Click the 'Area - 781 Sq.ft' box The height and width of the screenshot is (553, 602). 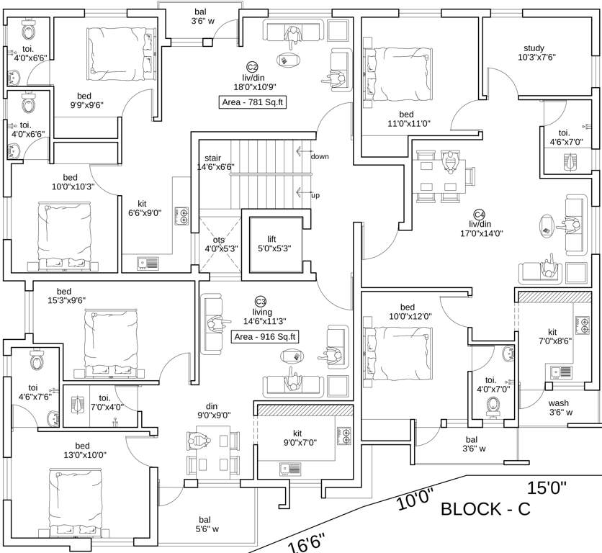click(253, 102)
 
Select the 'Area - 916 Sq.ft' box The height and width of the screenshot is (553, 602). click(264, 336)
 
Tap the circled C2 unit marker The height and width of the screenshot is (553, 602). click(253, 66)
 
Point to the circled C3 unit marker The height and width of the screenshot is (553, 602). click(261, 300)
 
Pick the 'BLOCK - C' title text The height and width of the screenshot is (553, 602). click(485, 509)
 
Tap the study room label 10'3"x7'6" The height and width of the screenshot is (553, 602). click(534, 53)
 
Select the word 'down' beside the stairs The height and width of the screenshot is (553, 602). click(319, 156)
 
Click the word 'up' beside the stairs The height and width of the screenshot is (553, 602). click(315, 195)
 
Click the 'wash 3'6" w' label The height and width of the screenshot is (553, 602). click(560, 408)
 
